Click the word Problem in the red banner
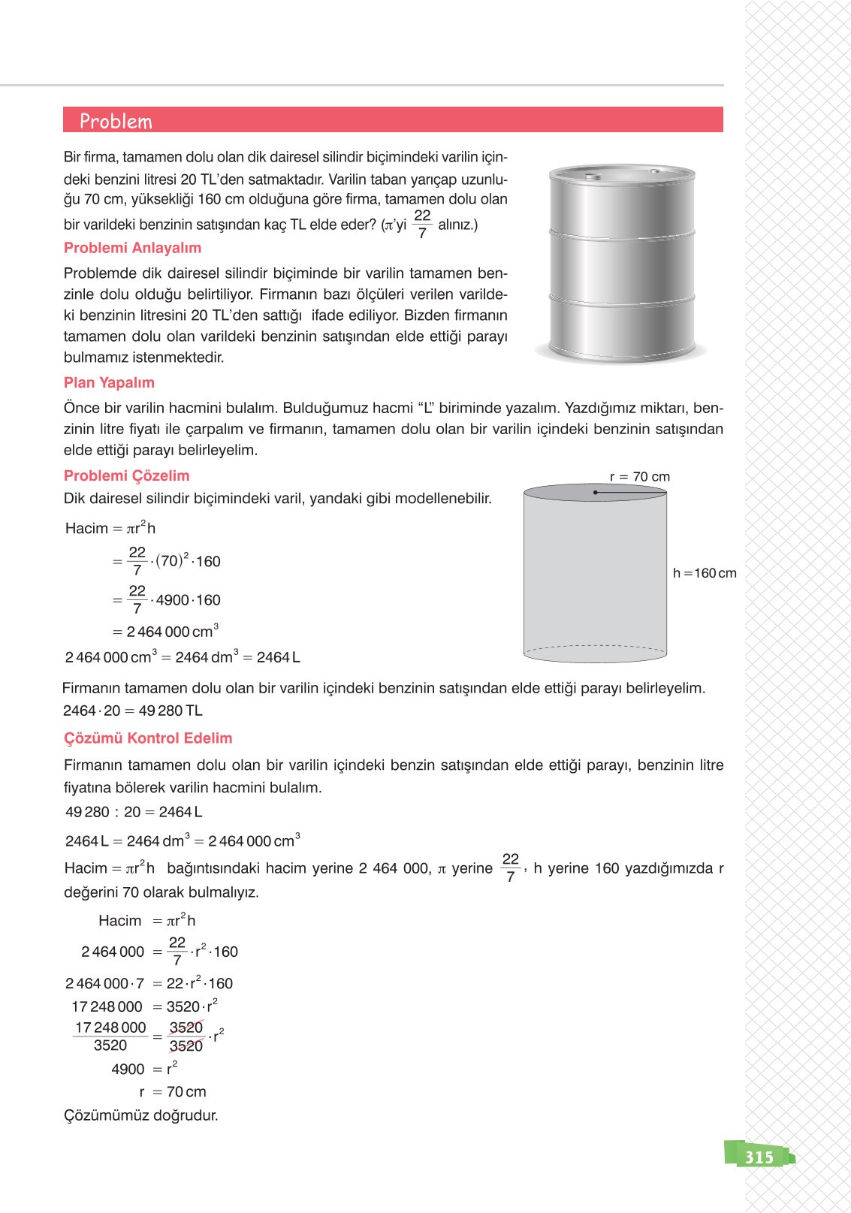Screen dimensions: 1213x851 pos(116,121)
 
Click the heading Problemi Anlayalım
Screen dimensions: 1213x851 pos(132,248)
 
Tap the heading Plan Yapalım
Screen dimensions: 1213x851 pos(109,382)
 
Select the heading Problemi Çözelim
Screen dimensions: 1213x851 pos(126,475)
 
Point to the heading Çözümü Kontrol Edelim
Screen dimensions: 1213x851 pos(148,738)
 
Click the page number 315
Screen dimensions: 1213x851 pos(759,1157)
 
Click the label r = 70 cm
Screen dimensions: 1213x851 pos(639,477)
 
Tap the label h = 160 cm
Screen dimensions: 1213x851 pos(704,573)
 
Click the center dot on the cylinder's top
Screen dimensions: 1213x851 pos(595,493)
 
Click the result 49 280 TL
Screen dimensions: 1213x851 pos(171,711)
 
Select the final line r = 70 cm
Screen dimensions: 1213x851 pos(173,1091)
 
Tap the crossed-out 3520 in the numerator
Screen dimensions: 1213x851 pos(186,1027)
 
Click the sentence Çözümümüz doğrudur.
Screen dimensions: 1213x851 pos(141,1115)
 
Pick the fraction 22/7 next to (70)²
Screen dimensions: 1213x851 pos(137,561)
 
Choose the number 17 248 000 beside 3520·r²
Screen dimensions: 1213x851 pos(107,1006)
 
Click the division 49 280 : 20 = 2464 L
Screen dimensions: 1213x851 pos(134,812)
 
